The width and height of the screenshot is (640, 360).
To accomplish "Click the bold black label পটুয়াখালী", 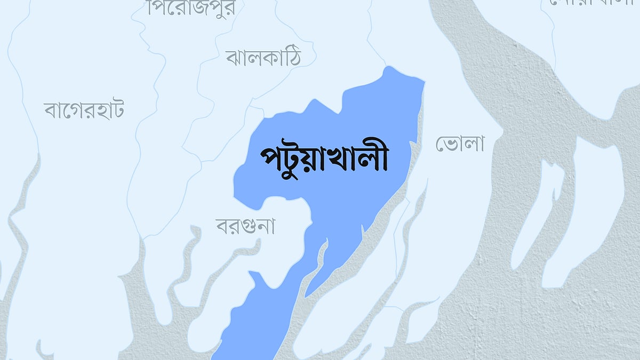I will (324, 158).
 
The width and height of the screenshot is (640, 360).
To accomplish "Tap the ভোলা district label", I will (459, 143).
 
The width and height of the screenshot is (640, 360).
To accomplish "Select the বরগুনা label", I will (245, 226).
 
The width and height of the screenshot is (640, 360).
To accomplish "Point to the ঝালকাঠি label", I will (263, 57).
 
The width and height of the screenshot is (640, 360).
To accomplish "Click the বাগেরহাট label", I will (84, 110).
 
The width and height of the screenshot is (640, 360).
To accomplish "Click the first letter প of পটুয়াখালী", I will (270, 159).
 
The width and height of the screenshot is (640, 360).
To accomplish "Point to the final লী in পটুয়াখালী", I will (375, 157).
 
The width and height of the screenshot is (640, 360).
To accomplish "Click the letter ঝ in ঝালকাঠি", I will (234, 58).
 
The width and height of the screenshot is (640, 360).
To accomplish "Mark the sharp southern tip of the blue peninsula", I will (306, 296).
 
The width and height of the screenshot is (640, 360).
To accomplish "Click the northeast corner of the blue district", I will (424, 81).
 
